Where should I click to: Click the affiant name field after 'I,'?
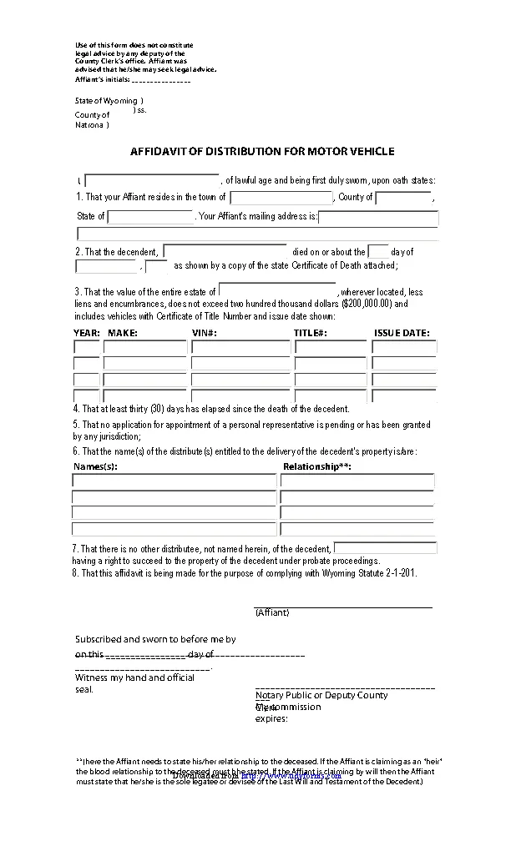[152, 180]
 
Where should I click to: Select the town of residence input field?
[281, 198]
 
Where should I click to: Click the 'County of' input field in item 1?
[402, 198]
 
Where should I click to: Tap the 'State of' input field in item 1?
[150, 217]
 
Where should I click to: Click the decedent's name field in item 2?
[225, 251]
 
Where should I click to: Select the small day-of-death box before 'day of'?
[378, 251]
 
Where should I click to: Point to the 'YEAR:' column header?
[87, 333]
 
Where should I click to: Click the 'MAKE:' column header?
[123, 333]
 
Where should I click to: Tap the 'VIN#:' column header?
[205, 333]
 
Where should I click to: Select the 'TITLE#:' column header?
[310, 333]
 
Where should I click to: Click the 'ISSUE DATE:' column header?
[402, 333]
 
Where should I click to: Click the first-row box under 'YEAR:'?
[87, 347]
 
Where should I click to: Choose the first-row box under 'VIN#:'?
[240, 347]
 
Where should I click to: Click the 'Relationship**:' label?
[317, 466]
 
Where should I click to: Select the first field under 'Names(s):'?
[174, 481]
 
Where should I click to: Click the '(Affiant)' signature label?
[272, 612]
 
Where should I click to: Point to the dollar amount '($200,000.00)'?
[367, 305]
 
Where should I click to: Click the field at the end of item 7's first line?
[385, 548]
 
